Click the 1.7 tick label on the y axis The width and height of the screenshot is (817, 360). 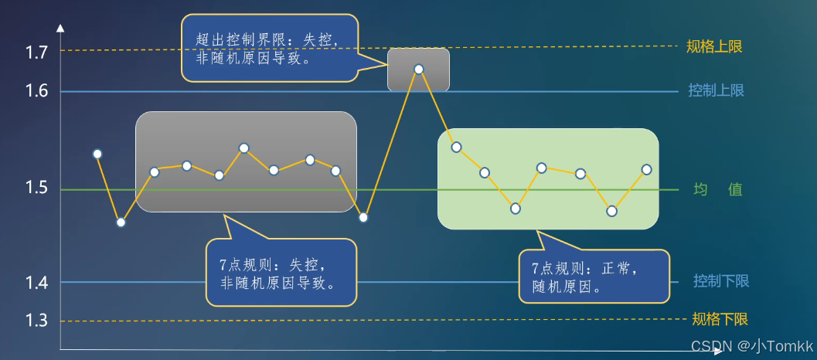pyautogui.click(x=37, y=53)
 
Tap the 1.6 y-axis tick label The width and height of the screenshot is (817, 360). pyautogui.click(x=37, y=91)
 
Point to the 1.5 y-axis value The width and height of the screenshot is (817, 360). pyautogui.click(x=37, y=189)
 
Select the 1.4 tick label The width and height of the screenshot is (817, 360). pyautogui.click(x=37, y=283)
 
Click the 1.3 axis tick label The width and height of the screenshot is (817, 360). pyautogui.click(x=37, y=321)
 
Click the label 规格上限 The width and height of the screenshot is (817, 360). pyautogui.click(x=714, y=46)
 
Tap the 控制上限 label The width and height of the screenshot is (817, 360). pyautogui.click(x=716, y=90)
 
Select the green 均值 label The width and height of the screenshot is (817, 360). pyautogui.click(x=717, y=189)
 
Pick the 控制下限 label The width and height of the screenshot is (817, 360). pyautogui.click(x=721, y=281)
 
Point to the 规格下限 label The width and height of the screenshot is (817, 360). pyautogui.click(x=720, y=320)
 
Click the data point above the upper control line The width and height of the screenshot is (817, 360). pyautogui.click(x=419, y=69)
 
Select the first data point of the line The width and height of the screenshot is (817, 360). pyautogui.click(x=97, y=154)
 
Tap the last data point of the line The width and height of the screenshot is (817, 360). pyautogui.click(x=646, y=169)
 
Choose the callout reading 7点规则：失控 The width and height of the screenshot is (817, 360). pyautogui.click(x=281, y=273)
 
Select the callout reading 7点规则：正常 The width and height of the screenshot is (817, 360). pyautogui.click(x=593, y=277)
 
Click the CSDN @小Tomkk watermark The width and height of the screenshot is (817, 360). pyautogui.click(x=752, y=345)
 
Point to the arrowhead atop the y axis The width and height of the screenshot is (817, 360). pyautogui.click(x=60, y=29)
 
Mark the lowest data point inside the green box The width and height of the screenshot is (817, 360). pyautogui.click(x=611, y=210)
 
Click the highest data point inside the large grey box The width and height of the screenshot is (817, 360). pyautogui.click(x=243, y=148)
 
